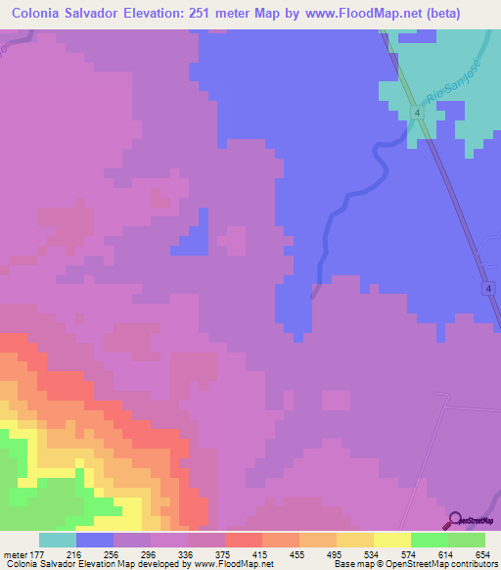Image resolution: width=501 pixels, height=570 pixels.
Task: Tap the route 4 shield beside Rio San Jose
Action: (x=418, y=115)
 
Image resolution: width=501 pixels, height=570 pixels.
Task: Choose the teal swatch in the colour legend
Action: (x=58, y=540)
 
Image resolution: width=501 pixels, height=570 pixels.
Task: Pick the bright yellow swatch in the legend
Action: (x=391, y=540)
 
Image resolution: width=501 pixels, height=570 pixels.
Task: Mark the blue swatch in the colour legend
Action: (x=95, y=540)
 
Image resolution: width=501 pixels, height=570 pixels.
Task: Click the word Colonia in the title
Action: (x=41, y=15)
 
